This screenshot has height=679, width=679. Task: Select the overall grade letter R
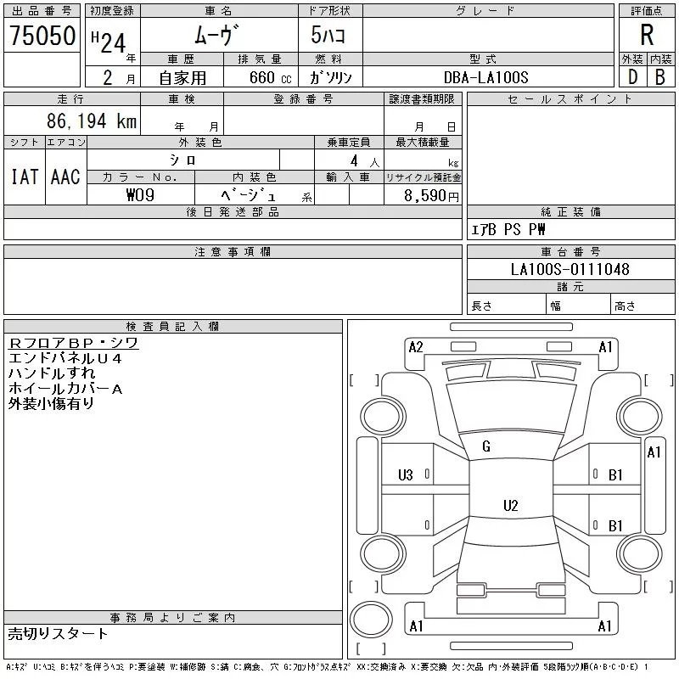[647, 36]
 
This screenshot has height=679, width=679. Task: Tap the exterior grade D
[632, 76]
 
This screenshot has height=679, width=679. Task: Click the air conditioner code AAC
[65, 177]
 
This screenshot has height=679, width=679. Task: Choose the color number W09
[141, 194]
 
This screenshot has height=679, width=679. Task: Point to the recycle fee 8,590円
[433, 195]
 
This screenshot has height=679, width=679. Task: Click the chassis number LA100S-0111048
[570, 270]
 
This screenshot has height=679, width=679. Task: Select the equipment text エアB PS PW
[509, 229]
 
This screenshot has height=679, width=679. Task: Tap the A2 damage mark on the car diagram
[416, 346]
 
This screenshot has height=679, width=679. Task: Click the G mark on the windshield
[486, 446]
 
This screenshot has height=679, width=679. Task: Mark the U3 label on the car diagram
[406, 474]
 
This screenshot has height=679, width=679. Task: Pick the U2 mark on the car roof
[510, 506]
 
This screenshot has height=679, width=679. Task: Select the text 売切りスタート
[58, 633]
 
